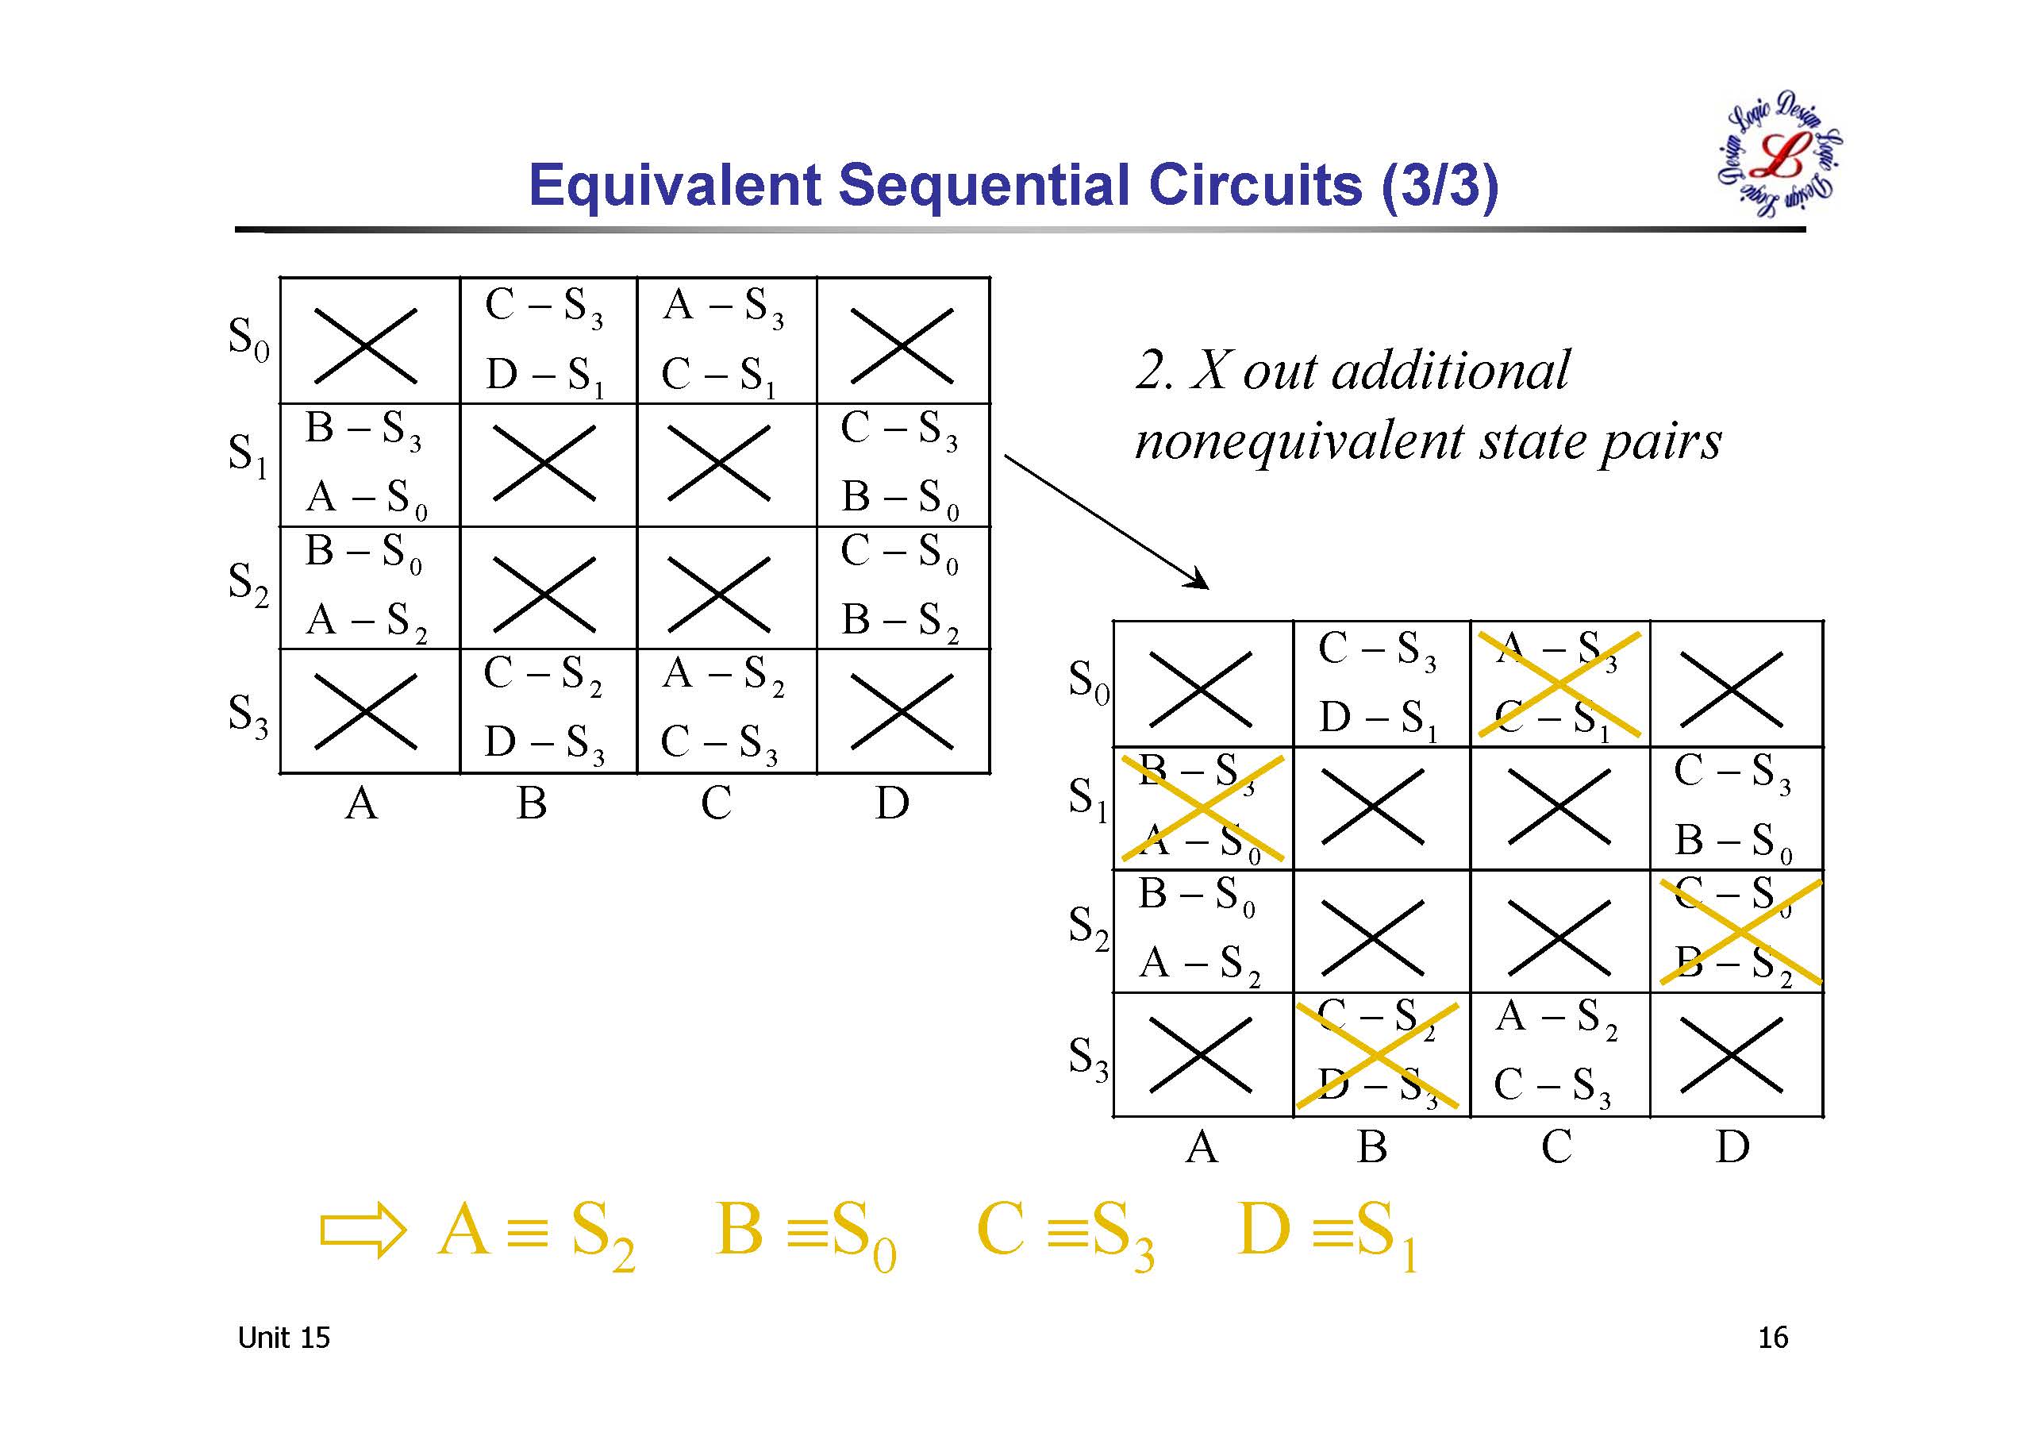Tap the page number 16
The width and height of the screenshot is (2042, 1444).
point(1772,1338)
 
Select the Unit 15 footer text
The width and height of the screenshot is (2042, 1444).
point(283,1338)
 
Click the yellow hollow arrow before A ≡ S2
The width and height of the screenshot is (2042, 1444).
point(363,1230)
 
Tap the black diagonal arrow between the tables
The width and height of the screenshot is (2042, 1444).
point(1106,522)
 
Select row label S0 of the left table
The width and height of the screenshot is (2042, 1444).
point(248,340)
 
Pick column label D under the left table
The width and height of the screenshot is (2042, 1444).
point(892,803)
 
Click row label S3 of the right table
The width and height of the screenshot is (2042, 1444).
point(1088,1059)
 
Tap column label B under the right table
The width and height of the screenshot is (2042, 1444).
point(1371,1147)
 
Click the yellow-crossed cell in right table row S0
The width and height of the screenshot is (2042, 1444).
point(1559,683)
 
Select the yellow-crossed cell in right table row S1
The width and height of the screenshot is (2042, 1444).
point(1202,808)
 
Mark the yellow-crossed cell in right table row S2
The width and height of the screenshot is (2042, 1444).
point(1740,931)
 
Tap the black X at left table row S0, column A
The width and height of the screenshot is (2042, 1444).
point(366,345)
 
